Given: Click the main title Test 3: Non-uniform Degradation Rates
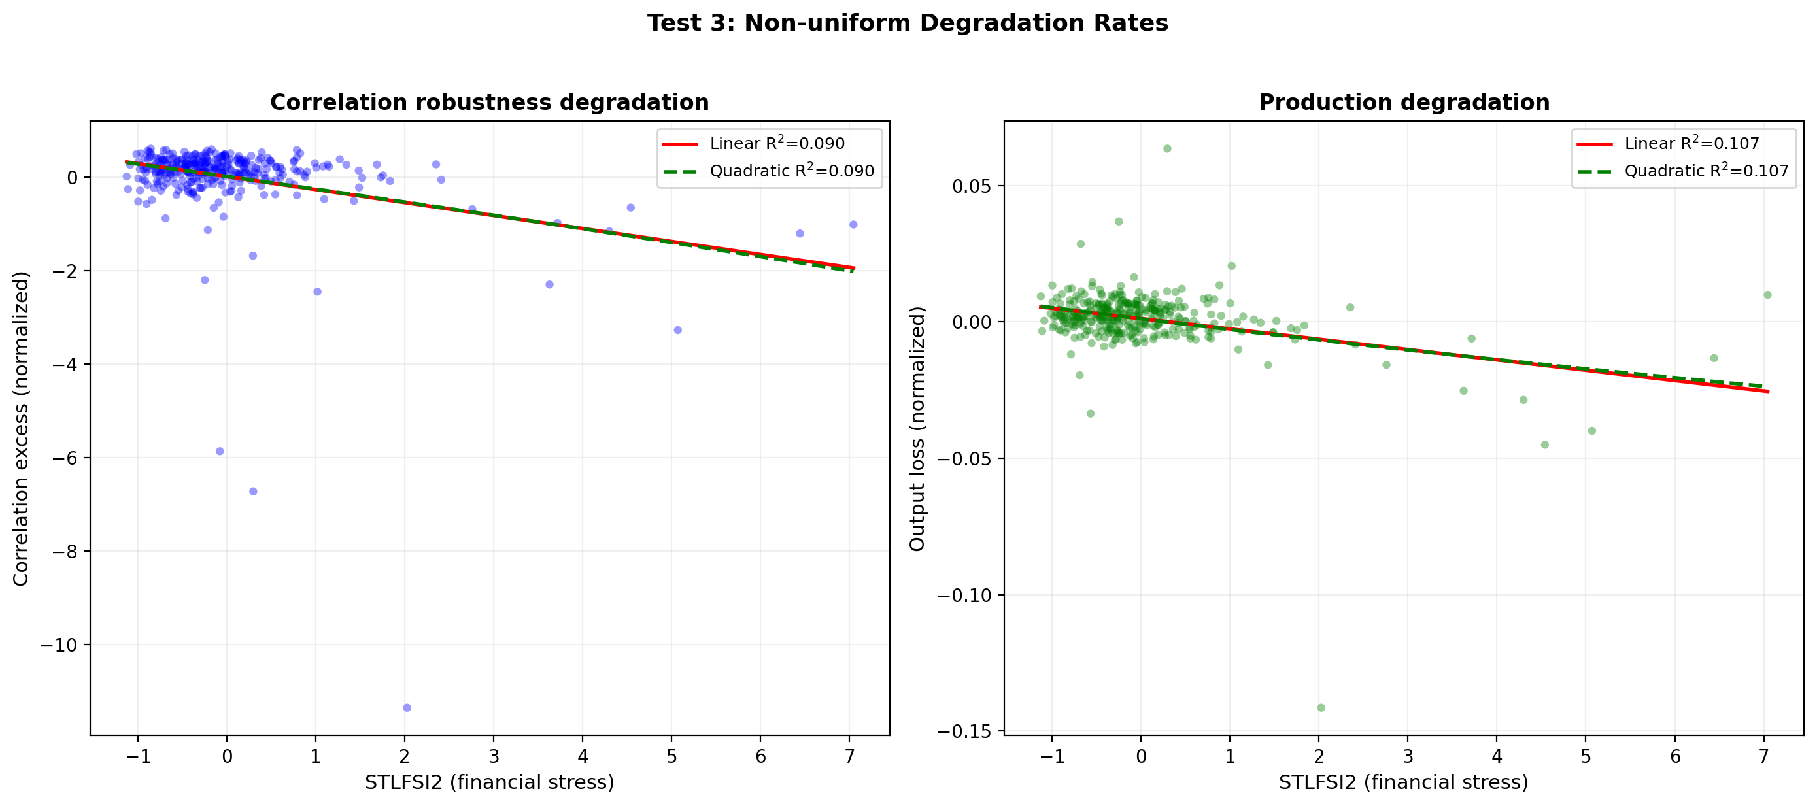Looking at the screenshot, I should click(907, 24).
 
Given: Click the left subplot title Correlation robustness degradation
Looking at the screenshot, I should click(490, 102).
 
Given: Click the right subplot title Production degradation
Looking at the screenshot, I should click(1404, 102).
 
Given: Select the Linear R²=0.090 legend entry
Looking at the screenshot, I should click(776, 144).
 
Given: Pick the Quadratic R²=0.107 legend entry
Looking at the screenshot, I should click(1706, 171).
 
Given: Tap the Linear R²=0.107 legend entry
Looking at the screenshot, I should click(1691, 144).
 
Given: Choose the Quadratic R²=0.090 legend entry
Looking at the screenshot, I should click(790, 171).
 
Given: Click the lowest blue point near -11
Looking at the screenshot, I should click(407, 707).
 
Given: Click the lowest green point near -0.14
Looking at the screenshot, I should click(1321, 707).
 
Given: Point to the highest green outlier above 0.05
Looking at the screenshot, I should click(1167, 149).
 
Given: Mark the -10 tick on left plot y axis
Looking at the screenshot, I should click(59, 645).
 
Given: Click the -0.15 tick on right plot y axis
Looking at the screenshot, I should click(964, 731).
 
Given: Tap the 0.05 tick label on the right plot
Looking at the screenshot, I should click(972, 186).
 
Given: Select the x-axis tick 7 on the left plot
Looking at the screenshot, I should click(849, 756).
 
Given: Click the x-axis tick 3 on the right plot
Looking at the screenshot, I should click(1408, 756).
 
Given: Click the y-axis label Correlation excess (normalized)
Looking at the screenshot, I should click(21, 429).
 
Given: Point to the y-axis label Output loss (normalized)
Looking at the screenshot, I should click(917, 429).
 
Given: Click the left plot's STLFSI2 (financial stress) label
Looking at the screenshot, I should click(490, 782).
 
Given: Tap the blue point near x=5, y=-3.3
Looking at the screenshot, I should click(678, 330).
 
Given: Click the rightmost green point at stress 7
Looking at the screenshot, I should click(1767, 295).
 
